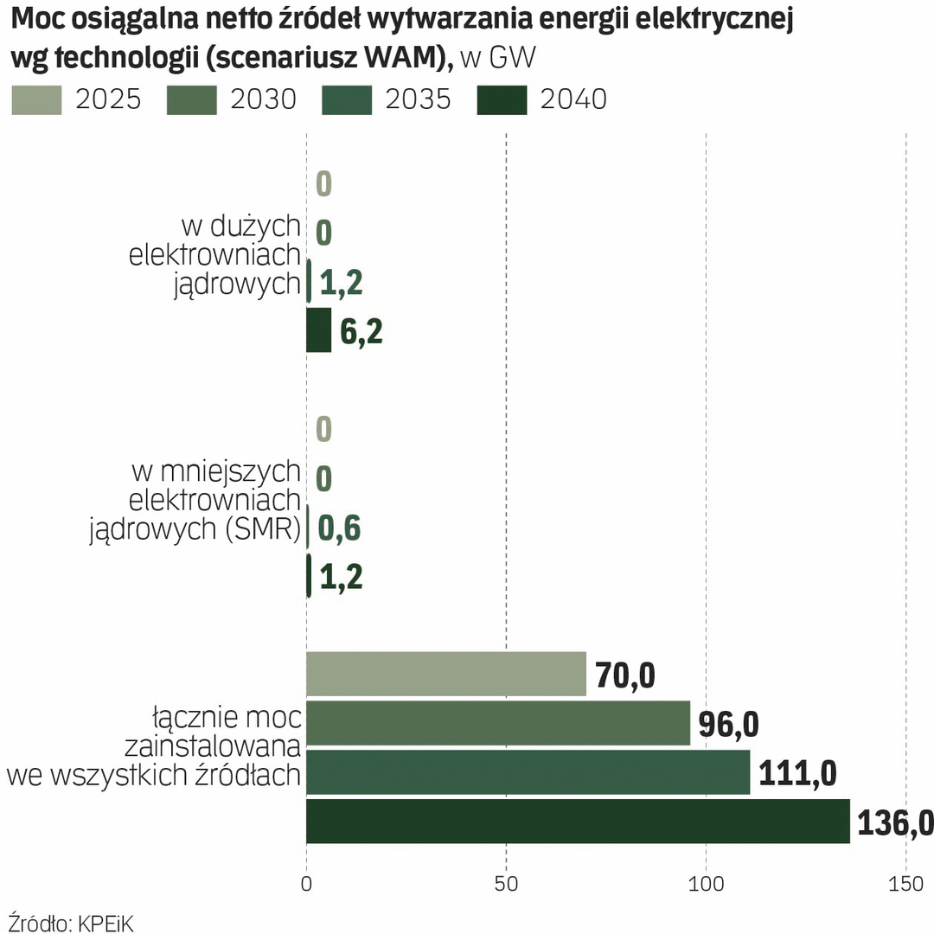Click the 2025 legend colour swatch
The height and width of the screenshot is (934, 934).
point(37,100)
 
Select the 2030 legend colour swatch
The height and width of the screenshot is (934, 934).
point(191,100)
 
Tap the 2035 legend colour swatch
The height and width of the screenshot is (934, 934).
point(346,100)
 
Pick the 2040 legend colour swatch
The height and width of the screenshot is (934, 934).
point(502,100)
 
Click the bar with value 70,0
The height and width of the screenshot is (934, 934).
point(445,674)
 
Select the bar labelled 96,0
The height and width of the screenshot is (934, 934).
point(497,723)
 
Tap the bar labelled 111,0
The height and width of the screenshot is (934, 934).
point(528,772)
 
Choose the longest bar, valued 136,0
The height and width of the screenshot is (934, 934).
point(578,822)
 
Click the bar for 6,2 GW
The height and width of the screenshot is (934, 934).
point(318,329)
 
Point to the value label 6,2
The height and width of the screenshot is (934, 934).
point(361,331)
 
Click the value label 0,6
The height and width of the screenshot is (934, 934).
point(340,529)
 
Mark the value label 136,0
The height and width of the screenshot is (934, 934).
point(895,823)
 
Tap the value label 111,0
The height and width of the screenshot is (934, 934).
point(797,773)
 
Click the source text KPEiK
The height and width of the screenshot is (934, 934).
point(106,922)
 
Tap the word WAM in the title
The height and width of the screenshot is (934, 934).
point(399,57)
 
